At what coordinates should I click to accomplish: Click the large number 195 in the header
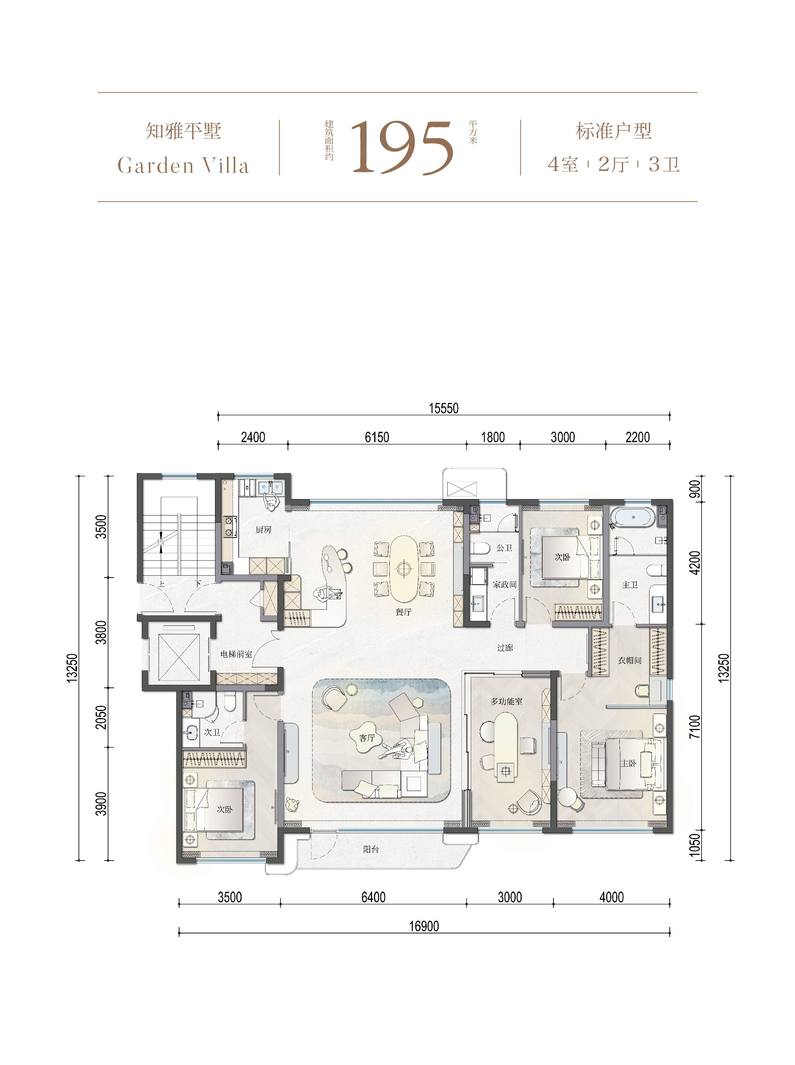coord(402,147)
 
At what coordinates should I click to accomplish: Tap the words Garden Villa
coord(183,166)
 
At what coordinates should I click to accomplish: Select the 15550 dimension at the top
coord(444,409)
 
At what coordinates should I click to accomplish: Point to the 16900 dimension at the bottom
coord(424,926)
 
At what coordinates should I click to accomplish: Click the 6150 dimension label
coord(377,437)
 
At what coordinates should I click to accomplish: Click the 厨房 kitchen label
coord(264,530)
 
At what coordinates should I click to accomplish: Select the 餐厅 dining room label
coord(403,612)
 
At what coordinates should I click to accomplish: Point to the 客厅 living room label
coord(367,738)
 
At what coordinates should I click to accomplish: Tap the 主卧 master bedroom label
coord(629,763)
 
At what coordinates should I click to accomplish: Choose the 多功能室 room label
coord(506,701)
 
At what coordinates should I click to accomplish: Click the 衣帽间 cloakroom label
coord(629,661)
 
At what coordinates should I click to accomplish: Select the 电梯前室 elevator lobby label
coord(236,654)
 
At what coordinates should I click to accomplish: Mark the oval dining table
coord(403,569)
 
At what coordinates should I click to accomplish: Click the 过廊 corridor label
coord(505,647)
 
